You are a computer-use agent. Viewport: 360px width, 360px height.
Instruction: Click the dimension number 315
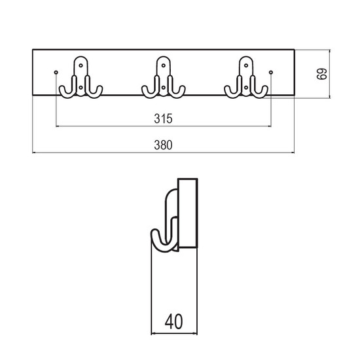(x=163, y=118)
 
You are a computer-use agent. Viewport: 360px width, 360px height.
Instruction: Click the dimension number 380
(x=163, y=145)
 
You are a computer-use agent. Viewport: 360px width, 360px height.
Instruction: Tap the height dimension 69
(x=321, y=74)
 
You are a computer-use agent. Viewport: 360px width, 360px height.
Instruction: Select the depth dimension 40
(x=174, y=321)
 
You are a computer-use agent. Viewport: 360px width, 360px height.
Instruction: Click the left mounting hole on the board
(x=56, y=72)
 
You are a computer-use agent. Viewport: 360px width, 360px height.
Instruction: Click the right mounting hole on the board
(x=271, y=72)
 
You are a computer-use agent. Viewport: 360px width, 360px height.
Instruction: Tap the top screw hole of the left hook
(x=81, y=65)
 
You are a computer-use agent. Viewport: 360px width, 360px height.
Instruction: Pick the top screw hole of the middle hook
(x=164, y=65)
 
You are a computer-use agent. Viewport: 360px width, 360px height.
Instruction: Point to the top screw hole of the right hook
(x=246, y=65)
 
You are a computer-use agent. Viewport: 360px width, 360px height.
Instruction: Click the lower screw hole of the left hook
(x=81, y=88)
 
